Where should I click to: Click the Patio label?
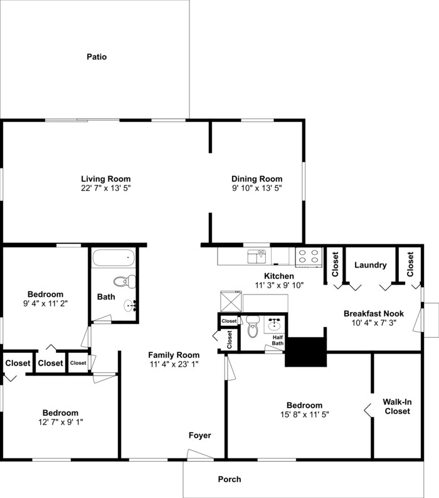97,57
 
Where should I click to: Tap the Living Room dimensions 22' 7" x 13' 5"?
105,188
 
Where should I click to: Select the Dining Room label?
257,178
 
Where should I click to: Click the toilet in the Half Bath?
253,327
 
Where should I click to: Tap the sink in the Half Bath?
275,325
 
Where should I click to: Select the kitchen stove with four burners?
309,257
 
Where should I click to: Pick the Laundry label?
370,265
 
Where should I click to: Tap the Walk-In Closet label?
397,406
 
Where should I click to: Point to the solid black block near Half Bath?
307,352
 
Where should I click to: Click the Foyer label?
200,435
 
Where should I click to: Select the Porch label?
230,479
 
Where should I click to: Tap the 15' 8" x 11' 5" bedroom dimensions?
304,414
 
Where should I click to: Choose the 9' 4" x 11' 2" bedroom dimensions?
45,303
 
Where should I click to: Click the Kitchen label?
279,276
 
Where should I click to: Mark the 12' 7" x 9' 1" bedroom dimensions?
61,422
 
